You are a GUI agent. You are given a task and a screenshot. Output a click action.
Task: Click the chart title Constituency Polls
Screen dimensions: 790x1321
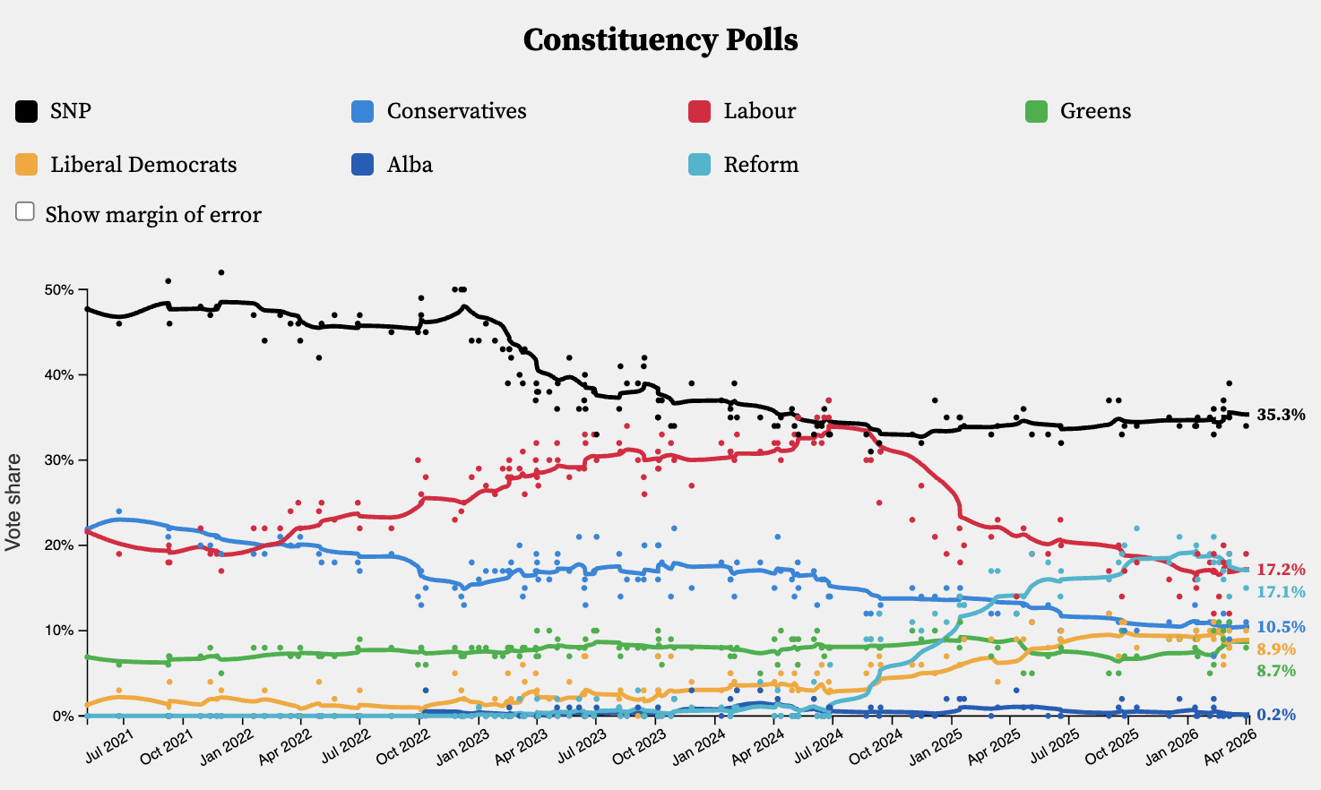coord(660,40)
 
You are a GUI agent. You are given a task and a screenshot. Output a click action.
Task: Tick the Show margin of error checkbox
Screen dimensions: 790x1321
coord(25,211)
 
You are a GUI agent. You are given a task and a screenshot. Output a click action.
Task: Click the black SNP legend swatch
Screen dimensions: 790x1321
coord(27,111)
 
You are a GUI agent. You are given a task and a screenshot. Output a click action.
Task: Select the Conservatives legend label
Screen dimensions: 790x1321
coord(456,111)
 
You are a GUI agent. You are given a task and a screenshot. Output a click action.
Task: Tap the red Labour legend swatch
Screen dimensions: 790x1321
coord(699,111)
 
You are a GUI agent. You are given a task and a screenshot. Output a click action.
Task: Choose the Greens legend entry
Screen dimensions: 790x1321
coord(1094,111)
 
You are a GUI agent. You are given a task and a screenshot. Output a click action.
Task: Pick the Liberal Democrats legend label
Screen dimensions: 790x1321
coord(143,165)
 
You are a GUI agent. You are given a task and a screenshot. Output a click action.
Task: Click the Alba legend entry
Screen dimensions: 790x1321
coord(410,165)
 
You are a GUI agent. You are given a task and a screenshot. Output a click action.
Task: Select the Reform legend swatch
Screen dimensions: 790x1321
coord(699,165)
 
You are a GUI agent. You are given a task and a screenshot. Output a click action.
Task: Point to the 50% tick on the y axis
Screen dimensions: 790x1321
coord(59,290)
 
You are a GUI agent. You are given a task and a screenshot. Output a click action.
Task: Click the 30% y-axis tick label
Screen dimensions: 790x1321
coord(59,460)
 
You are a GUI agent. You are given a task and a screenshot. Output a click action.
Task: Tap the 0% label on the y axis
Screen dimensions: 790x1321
coord(63,716)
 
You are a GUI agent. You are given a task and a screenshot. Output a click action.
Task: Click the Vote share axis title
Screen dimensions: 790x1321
coord(13,502)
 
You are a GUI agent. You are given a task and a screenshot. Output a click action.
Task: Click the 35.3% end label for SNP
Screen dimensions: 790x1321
coord(1281,415)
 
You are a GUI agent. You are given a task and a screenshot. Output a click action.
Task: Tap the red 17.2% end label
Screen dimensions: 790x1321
coord(1281,570)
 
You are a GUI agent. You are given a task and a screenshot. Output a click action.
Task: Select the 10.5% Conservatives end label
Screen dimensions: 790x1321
coord(1281,627)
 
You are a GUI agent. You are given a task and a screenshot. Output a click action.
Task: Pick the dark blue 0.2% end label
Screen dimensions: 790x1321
coord(1276,715)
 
